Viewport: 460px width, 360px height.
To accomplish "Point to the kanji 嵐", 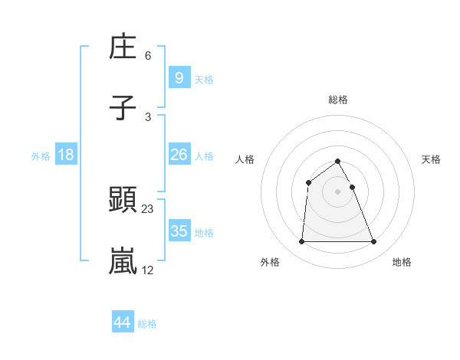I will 123,261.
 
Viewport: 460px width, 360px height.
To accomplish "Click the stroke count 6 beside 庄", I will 148,55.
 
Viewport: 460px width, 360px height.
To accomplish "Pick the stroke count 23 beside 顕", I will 148,208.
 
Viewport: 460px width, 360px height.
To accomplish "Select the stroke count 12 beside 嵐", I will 148,270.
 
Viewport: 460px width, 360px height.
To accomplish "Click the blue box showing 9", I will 179,77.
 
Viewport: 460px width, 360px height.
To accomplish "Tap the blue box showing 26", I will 179,155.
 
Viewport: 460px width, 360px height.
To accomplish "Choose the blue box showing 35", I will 179,231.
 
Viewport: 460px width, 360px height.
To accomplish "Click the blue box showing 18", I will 66,155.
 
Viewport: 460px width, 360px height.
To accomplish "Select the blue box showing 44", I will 123,322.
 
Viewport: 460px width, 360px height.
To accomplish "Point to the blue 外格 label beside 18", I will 41,156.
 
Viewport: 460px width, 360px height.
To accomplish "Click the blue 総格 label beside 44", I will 147,324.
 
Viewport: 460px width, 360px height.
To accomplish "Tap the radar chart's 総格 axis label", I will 338,100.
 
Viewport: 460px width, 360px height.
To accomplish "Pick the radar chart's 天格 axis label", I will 431,159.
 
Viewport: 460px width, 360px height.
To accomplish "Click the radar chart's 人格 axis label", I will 245,159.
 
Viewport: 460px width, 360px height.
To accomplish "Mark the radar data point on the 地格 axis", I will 374,242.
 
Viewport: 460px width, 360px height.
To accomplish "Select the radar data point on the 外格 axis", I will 301,242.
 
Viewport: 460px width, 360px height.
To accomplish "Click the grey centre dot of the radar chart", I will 338,191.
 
